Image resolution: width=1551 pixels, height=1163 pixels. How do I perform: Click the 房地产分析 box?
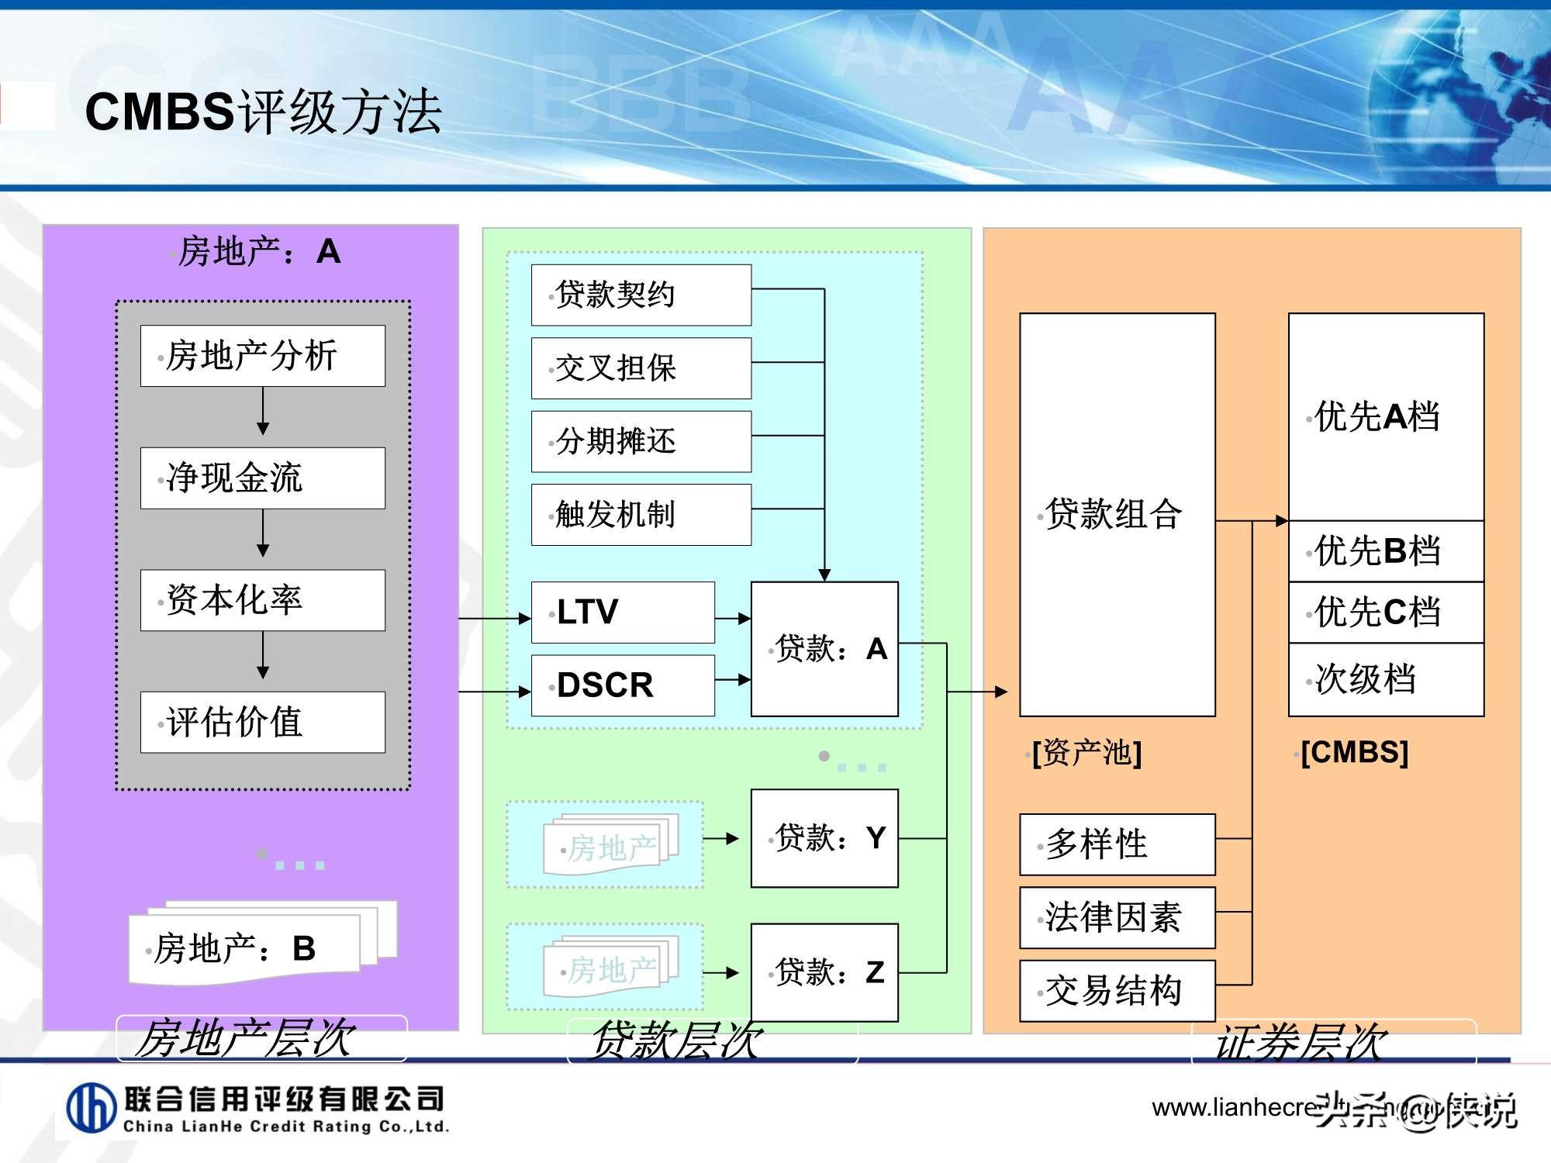(262, 356)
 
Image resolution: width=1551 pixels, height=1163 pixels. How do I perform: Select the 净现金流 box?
(262, 478)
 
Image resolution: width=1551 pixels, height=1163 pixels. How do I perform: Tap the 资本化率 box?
(262, 600)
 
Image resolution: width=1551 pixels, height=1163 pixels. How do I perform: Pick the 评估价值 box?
(262, 722)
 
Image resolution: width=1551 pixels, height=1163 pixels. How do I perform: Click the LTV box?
(622, 612)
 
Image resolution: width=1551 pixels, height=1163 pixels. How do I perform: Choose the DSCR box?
(622, 685)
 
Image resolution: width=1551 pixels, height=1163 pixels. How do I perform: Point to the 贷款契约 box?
(641, 295)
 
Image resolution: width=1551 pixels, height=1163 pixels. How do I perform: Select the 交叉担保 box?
(641, 368)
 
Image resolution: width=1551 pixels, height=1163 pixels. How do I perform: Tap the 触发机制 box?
(641, 515)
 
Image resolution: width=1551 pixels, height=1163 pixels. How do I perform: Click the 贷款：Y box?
(824, 838)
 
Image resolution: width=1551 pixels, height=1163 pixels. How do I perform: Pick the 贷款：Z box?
(824, 972)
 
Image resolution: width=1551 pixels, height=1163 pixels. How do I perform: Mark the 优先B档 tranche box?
(1386, 551)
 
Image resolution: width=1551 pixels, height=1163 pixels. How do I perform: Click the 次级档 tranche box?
(1386, 679)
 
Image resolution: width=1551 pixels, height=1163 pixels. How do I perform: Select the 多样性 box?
(1117, 844)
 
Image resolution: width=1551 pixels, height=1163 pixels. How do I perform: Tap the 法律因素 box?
(1117, 917)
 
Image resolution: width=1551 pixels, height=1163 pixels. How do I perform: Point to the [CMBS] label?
(1354, 752)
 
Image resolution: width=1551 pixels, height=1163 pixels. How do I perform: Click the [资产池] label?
(1086, 753)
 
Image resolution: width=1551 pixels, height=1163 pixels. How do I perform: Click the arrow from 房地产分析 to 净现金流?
(263, 411)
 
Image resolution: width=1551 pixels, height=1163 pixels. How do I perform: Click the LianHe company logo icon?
(92, 1108)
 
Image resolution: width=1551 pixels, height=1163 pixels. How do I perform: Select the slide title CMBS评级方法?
(264, 112)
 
